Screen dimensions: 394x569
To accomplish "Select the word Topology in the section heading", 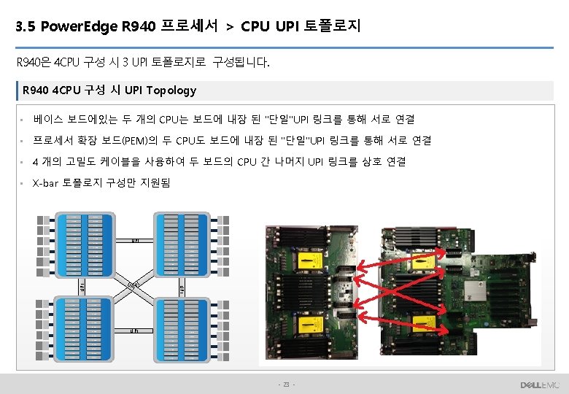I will point(171,90).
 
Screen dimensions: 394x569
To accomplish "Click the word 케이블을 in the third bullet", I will point(122,161).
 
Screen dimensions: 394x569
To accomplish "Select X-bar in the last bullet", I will point(47,182).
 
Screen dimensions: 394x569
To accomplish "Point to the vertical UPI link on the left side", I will point(82,286).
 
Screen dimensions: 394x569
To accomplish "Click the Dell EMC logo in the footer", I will point(539,385).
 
